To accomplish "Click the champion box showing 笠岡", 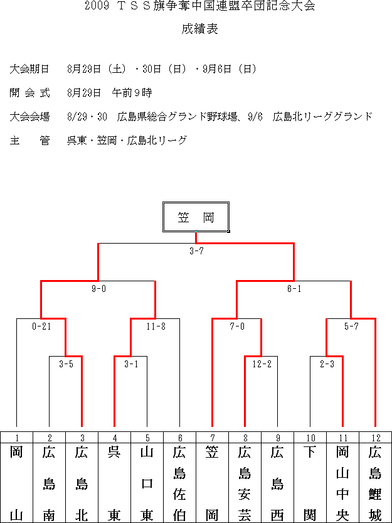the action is click(196, 217).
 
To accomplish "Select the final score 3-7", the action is click(196, 251).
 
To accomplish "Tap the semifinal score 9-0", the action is click(98, 289).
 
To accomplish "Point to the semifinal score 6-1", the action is click(294, 289).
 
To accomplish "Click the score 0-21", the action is click(41, 326).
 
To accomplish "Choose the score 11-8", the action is click(156, 326).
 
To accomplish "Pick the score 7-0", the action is click(237, 326).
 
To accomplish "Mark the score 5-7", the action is click(351, 326).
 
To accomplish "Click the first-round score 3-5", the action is click(66, 364).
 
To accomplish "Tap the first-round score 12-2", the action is click(262, 364).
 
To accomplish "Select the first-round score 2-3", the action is click(327, 364).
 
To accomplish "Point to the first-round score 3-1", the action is click(131, 364).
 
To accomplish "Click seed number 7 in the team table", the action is click(213, 438).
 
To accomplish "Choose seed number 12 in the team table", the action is click(375, 438).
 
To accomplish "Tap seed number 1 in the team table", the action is click(16, 438).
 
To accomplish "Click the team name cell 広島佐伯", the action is click(179, 482).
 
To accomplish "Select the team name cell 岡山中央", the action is click(343, 482).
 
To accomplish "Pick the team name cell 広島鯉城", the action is click(375, 482).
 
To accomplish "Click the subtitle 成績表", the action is click(199, 29).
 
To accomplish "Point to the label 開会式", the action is click(29, 93).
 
